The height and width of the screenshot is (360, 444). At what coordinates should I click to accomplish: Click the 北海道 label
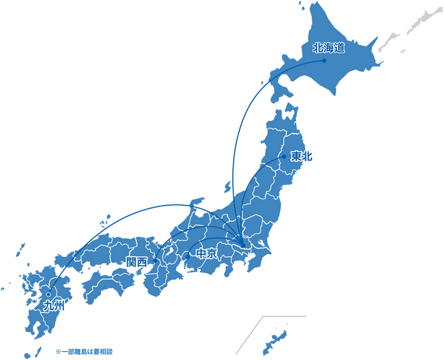pyautogui.click(x=327, y=48)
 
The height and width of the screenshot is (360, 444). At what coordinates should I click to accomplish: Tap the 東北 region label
pyautogui.click(x=301, y=156)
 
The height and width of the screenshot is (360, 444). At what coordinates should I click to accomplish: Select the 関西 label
pyautogui.click(x=137, y=262)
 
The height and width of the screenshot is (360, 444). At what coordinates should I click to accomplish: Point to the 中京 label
pyautogui.click(x=206, y=254)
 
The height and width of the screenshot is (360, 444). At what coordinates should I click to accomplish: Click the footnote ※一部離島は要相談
pyautogui.click(x=83, y=352)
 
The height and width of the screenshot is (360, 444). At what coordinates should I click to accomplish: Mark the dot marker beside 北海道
pyautogui.click(x=324, y=60)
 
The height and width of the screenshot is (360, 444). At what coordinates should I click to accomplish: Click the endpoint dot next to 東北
pyautogui.click(x=284, y=157)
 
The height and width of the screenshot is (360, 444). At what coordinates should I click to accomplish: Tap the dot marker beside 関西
pyautogui.click(x=156, y=261)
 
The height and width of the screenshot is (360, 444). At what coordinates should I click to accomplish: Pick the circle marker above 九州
pyautogui.click(x=48, y=294)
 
